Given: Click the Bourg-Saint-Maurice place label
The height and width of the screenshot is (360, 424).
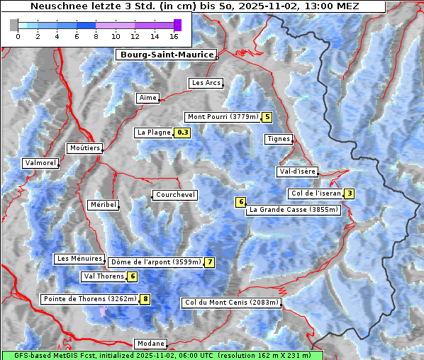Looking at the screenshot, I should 166,55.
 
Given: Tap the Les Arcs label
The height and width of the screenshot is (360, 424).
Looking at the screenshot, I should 206,83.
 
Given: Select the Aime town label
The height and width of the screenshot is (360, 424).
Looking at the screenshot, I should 147,98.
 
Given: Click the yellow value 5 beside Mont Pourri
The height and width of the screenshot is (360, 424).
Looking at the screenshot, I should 267,117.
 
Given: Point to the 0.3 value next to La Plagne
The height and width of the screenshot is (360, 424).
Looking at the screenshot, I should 183,133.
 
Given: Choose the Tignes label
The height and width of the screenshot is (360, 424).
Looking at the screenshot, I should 278,139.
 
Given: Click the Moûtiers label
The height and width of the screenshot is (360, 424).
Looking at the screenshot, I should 84,148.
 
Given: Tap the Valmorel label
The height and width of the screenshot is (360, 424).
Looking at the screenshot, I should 40,163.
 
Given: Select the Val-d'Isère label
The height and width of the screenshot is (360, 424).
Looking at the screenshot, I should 297,171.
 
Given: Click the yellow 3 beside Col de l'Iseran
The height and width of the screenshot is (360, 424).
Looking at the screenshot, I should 349,193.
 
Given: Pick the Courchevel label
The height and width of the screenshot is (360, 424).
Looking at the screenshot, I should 174,195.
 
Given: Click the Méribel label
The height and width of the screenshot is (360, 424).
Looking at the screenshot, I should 103,205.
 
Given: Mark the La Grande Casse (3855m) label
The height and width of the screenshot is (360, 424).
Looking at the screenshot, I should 294,210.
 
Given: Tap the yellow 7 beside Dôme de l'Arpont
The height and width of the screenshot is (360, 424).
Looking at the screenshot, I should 209,262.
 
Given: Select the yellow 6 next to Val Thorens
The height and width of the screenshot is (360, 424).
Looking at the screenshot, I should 133,276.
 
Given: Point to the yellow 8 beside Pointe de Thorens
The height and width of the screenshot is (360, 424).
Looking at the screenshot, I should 145,299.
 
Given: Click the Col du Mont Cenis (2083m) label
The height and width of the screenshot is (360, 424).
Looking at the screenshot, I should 231,303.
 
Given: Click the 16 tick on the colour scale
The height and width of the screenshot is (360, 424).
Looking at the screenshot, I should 174,36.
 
